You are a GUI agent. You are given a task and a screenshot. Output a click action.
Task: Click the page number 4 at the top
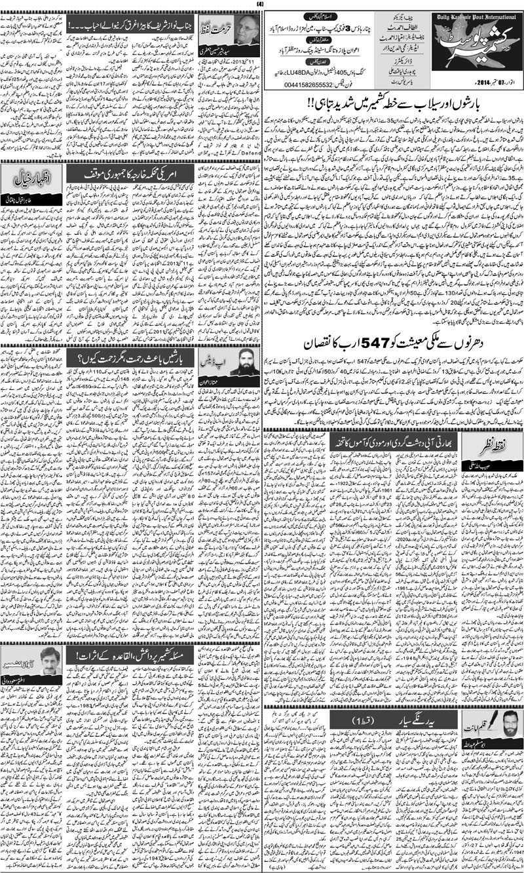[262, 6]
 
